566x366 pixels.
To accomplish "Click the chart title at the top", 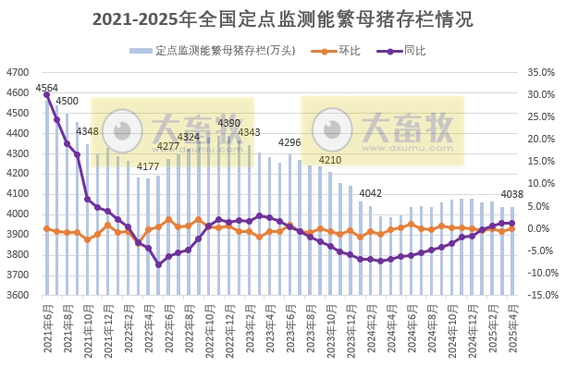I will coord(283,19).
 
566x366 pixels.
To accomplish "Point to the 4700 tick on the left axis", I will coord(18,72).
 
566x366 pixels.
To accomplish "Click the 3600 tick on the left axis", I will coord(18,296).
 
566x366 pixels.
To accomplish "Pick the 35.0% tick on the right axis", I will coord(538,72).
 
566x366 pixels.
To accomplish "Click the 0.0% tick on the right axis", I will coord(538,228).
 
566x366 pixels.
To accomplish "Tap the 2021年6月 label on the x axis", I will coord(47,323).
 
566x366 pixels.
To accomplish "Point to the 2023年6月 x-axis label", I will coord(293,323).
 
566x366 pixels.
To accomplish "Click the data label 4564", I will coord(46,88).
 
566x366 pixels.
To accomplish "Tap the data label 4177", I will coord(148,166).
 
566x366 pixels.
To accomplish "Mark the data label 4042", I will coord(371,193).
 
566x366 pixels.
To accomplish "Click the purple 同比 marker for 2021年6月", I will coord(46,94).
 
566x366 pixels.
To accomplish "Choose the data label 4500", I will coord(67,101).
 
